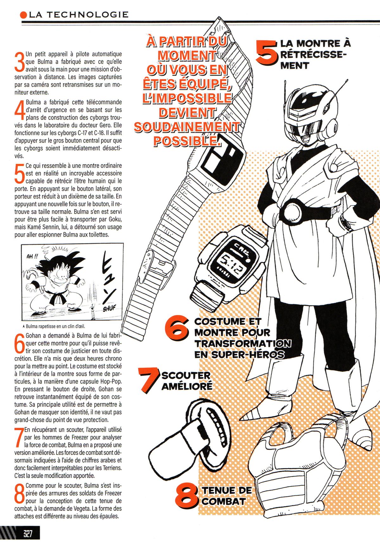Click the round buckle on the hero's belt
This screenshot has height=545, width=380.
coord(293,211)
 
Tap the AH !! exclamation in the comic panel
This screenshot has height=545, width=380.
coord(32,256)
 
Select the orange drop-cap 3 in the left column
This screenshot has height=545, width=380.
coord(19,61)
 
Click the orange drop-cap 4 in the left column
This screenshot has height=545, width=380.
coord(19,109)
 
